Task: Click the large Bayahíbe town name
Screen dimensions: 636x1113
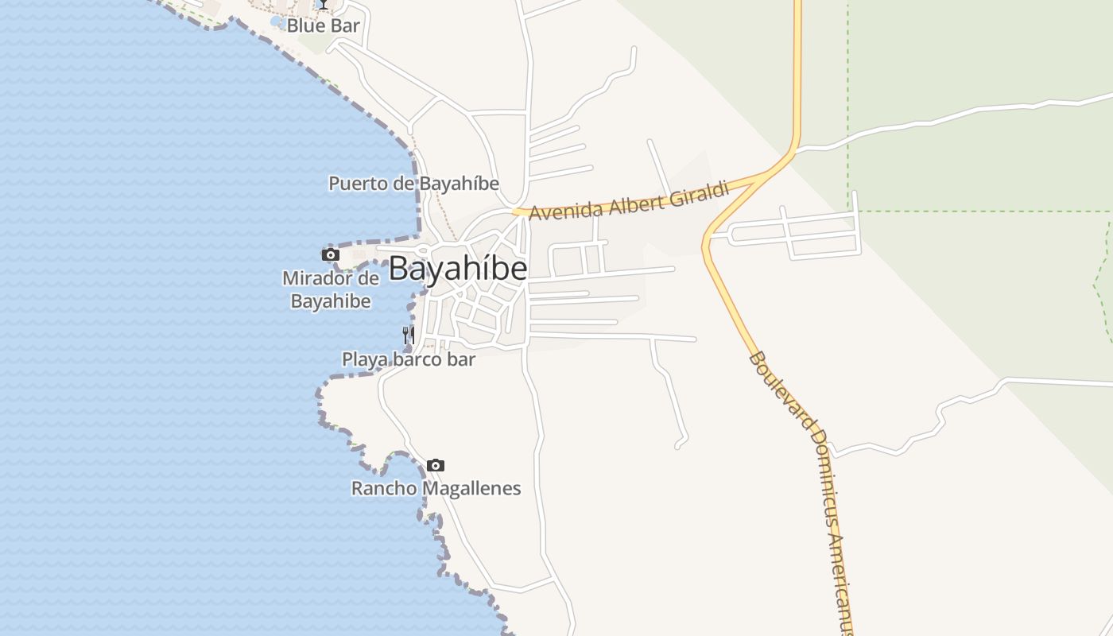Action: pyautogui.click(x=458, y=269)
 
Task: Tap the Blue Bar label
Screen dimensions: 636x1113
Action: pyautogui.click(x=323, y=25)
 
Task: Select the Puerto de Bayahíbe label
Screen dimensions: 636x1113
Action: pyautogui.click(x=413, y=184)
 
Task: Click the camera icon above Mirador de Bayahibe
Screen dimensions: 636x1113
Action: pyautogui.click(x=331, y=254)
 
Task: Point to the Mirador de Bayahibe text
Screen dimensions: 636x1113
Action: pyautogui.click(x=331, y=290)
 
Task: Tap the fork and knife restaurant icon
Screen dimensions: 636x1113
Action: pyautogui.click(x=408, y=335)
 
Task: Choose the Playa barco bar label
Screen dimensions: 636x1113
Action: pyautogui.click(x=409, y=359)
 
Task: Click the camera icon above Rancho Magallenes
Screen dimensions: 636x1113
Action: pyautogui.click(x=436, y=465)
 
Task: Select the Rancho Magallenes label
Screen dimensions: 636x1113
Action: pyautogui.click(x=436, y=488)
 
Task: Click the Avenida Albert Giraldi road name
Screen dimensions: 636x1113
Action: pyautogui.click(x=629, y=202)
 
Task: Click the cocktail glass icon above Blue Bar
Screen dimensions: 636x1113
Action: pyautogui.click(x=324, y=5)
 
